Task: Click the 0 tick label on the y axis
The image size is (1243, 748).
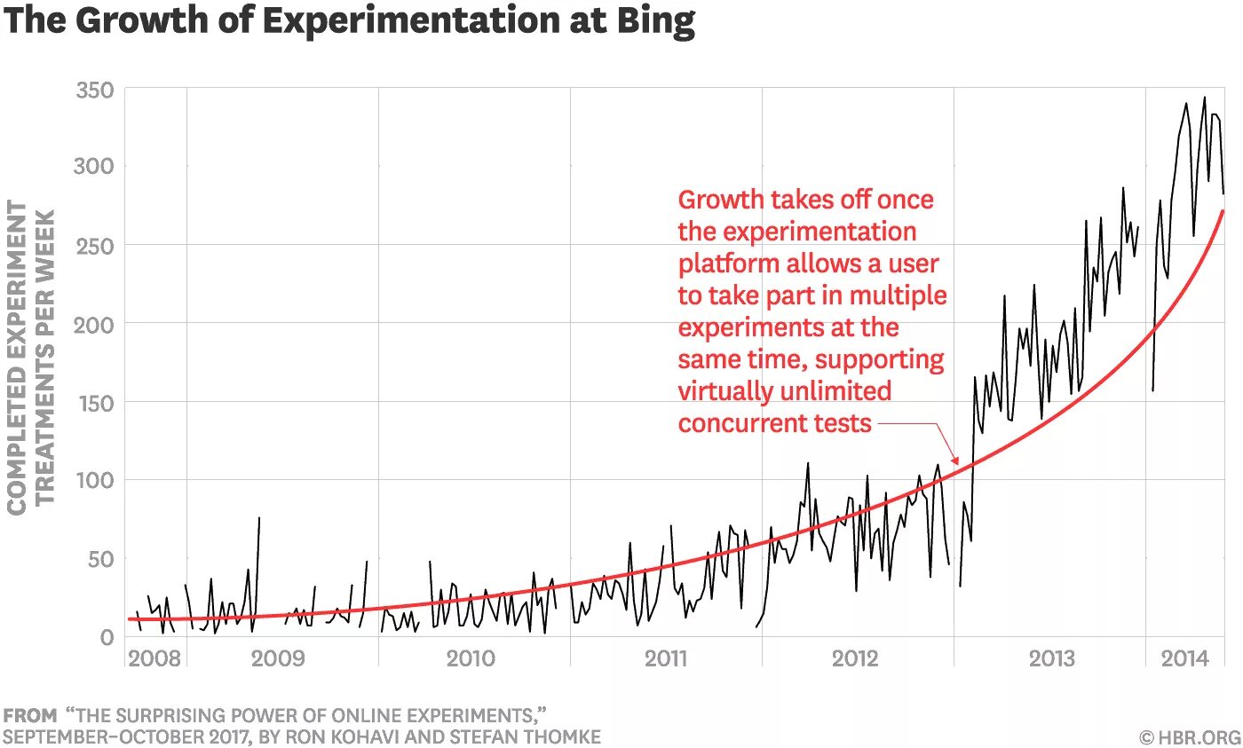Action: click(107, 637)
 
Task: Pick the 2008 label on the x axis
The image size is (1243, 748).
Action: click(154, 658)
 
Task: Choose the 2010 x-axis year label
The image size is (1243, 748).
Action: click(471, 658)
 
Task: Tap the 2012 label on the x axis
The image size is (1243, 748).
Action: click(855, 658)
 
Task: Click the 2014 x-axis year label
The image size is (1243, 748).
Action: click(1184, 658)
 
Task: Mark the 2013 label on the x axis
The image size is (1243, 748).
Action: click(1052, 658)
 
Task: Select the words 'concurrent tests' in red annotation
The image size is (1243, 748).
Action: click(774, 423)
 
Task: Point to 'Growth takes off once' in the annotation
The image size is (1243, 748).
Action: click(805, 199)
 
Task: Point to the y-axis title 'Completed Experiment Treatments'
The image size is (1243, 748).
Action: click(29, 355)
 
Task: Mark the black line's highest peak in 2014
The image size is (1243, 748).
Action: click(1204, 97)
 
